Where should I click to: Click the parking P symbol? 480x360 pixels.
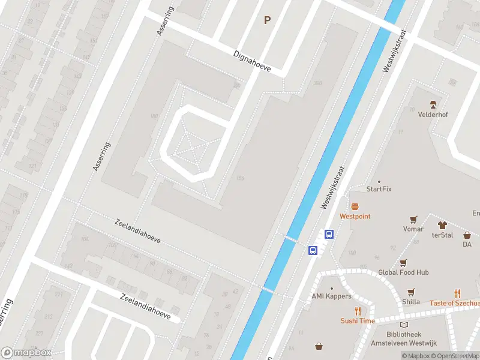(x=268, y=20)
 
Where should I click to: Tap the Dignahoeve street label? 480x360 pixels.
(x=252, y=61)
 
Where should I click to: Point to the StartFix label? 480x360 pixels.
(x=379, y=189)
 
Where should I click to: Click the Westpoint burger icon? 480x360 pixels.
(x=355, y=206)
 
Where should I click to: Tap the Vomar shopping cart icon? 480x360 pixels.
(x=413, y=219)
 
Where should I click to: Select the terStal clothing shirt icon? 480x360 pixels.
(x=443, y=225)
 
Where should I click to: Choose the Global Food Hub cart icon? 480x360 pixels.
(x=403, y=262)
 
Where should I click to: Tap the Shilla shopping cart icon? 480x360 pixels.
(x=411, y=292)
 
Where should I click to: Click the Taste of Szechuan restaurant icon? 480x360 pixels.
(x=457, y=293)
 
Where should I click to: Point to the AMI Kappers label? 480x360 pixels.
(x=331, y=296)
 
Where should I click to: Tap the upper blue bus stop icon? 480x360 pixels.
(x=329, y=235)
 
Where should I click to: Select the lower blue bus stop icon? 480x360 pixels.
(x=313, y=250)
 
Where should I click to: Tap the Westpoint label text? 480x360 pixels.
(x=355, y=216)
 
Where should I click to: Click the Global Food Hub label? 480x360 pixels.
(x=403, y=272)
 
